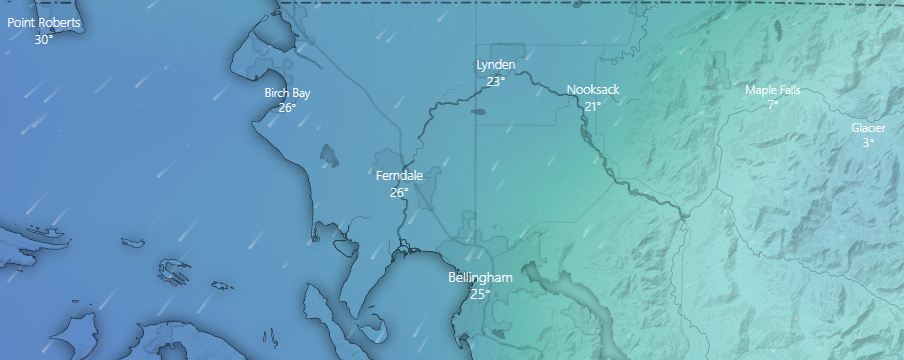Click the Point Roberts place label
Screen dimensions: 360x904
click(44, 22)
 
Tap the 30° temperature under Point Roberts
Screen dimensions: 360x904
click(44, 40)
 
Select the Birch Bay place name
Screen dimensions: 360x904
click(287, 93)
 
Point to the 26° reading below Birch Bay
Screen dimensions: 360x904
click(287, 108)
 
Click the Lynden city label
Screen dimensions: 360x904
click(495, 66)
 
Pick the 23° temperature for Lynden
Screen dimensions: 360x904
click(495, 82)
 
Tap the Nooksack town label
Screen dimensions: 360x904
click(593, 90)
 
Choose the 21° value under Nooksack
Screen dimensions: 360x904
click(593, 106)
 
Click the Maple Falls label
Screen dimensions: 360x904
click(773, 90)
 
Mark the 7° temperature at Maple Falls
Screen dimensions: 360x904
click(773, 104)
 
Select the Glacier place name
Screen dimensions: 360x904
click(868, 128)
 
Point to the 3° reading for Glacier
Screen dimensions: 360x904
click(868, 143)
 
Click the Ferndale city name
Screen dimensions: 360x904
click(399, 176)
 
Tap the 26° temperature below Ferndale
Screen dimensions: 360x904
click(399, 192)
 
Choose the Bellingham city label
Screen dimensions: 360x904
click(480, 277)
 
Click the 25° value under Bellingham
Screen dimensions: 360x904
click(480, 294)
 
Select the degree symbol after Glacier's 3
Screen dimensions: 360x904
click(872, 141)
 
